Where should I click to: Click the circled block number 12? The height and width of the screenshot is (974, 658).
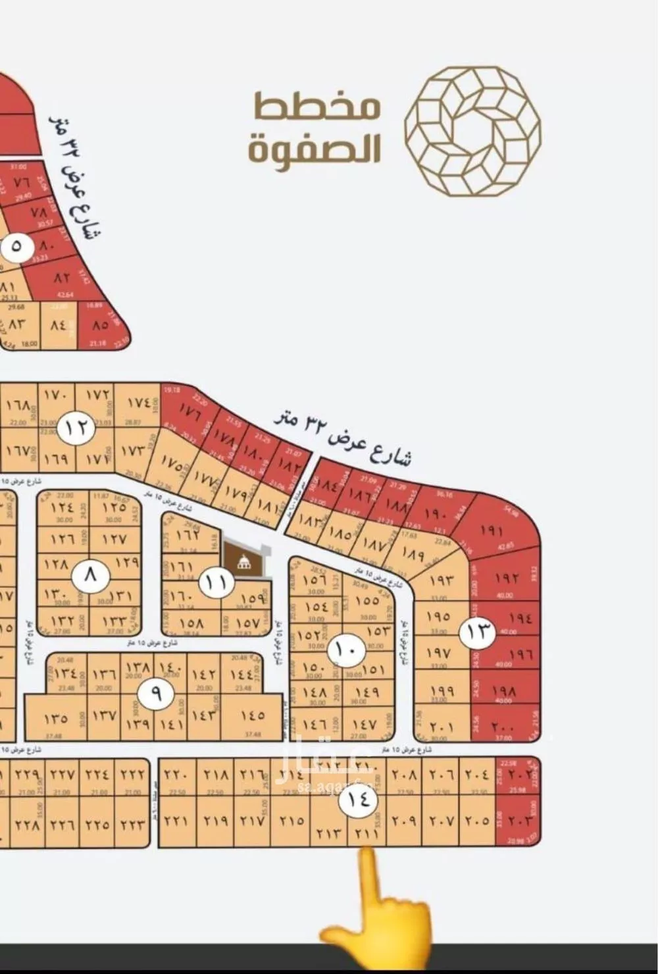coord(76,428)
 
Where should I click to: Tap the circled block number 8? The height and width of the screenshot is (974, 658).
coord(89,575)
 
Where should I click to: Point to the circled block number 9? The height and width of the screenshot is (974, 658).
coord(155,693)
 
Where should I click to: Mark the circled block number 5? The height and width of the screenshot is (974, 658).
coord(14,247)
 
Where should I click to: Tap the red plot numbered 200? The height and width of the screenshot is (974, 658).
coord(503,728)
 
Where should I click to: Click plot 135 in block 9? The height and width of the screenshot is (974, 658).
coord(56,718)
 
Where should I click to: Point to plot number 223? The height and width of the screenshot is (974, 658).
coord(132,823)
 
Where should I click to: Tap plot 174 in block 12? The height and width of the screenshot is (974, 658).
coord(138,402)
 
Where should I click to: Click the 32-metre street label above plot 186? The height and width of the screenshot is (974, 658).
coord(342,436)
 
